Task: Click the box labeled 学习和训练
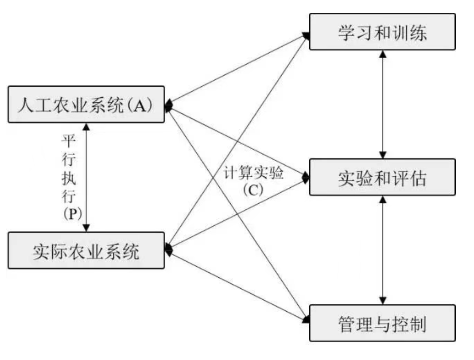(382, 32)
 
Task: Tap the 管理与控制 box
(382, 323)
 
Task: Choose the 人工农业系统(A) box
(86, 105)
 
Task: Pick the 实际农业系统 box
(86, 250)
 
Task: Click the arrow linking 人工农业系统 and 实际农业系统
(87, 177)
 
